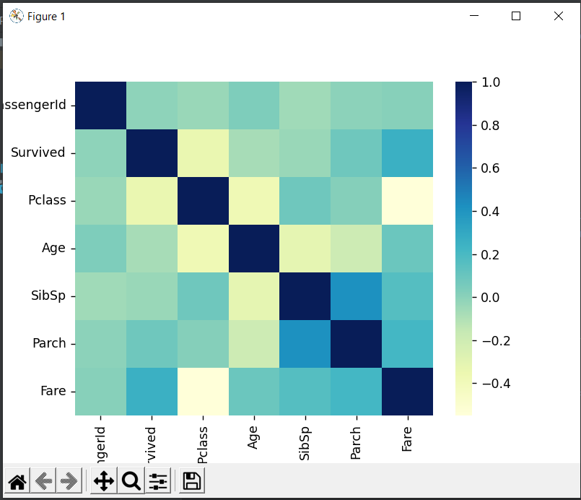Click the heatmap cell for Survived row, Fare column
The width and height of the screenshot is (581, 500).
(408, 153)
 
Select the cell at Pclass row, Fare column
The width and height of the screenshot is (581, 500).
(408, 200)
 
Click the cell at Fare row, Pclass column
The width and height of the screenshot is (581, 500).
(203, 391)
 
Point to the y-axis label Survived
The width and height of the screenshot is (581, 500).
(38, 152)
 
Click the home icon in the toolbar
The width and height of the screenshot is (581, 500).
(17, 481)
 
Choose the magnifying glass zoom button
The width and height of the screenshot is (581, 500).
(131, 481)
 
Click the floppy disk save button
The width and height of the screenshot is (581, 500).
(192, 481)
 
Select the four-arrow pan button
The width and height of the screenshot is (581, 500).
(104, 481)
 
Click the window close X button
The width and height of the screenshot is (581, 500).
(558, 16)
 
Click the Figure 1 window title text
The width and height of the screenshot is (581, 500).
(46, 17)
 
